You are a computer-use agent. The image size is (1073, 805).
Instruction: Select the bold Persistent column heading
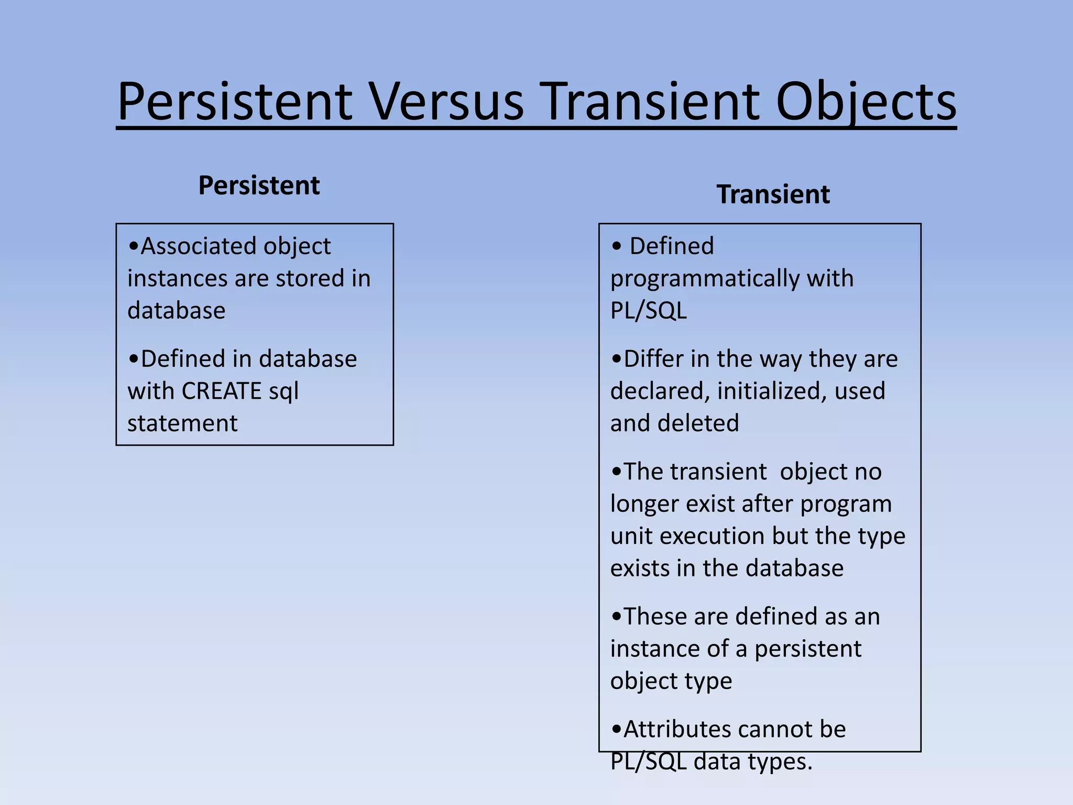(259, 186)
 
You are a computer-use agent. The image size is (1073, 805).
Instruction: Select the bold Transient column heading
(773, 194)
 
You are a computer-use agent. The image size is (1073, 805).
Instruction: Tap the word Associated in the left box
(200, 246)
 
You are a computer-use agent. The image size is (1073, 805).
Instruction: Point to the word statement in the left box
(182, 423)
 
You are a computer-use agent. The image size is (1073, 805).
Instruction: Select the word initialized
(771, 391)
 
